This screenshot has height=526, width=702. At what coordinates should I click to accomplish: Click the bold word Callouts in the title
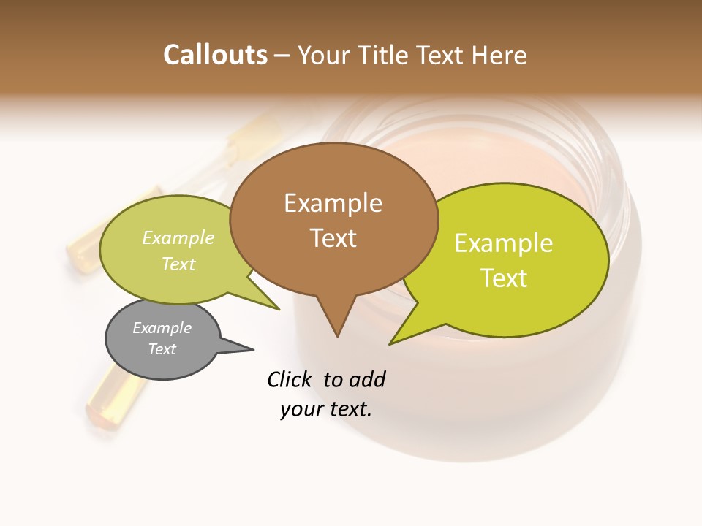pos(215,55)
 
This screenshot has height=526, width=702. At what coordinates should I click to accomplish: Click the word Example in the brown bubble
pos(333,203)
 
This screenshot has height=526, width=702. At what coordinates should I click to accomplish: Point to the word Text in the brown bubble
pos(333,238)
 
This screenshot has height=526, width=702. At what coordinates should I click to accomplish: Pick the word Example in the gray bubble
pos(162,328)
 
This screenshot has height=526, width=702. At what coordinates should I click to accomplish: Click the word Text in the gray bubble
pos(162,349)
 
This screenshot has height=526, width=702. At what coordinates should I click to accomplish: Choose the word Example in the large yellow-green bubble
pos(504,243)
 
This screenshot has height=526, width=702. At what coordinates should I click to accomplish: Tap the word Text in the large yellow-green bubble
pos(505,278)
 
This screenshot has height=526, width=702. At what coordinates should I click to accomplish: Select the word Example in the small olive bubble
pos(178,238)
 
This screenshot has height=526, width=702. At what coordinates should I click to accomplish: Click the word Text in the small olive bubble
pos(178,264)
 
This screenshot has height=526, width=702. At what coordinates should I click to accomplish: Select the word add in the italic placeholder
pos(366,379)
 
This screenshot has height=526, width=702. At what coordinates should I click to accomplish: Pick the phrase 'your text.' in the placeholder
pos(325,409)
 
